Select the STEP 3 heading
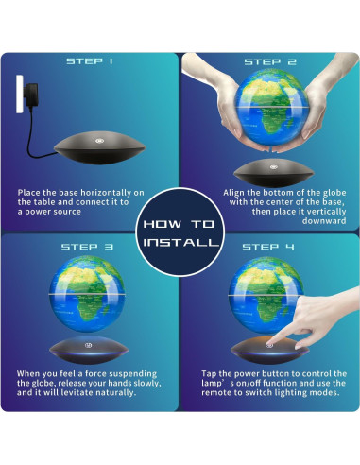click(90, 247)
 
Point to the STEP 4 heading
click(270, 247)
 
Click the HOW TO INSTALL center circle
click(180, 232)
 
